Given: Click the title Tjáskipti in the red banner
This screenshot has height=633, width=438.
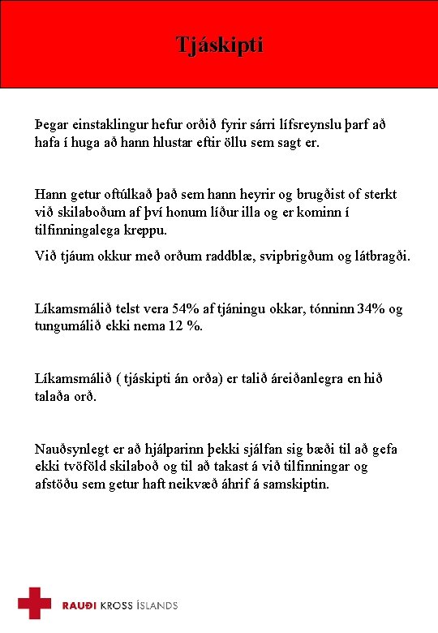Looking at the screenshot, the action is [220, 45].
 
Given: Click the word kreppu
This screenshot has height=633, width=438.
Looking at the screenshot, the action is [146, 230].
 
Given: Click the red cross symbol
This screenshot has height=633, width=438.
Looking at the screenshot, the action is [35, 603].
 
